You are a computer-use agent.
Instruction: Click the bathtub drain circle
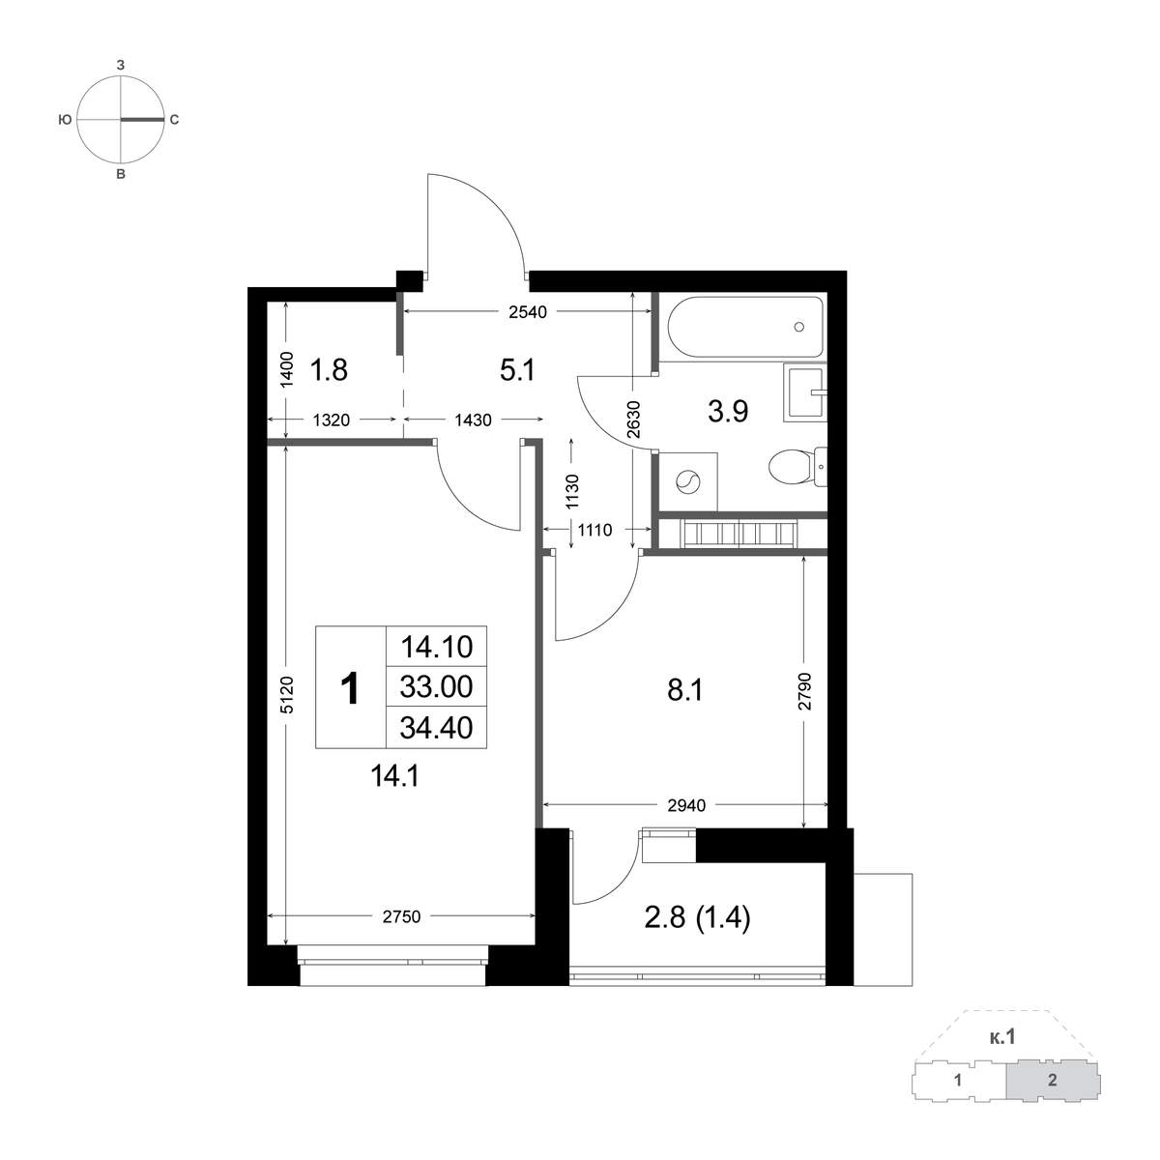[x=799, y=327]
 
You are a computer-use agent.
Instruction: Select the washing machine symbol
[x=688, y=481]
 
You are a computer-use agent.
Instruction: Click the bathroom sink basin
[x=805, y=392]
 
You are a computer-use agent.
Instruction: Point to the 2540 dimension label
[x=528, y=312]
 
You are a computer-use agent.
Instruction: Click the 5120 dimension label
[x=287, y=695]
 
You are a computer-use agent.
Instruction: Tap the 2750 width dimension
[x=401, y=916]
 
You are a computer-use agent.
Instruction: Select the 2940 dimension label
[x=686, y=805]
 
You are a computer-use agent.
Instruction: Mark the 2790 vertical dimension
[x=805, y=691]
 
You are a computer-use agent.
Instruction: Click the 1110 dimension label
[x=594, y=530]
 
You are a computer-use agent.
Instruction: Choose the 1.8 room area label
[x=329, y=369]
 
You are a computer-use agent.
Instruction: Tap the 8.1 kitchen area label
[x=684, y=690]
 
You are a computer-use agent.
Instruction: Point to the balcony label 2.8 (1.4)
[x=697, y=918]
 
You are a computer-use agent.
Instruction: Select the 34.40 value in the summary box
[x=436, y=727]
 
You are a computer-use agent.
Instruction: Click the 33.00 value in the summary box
[x=436, y=686]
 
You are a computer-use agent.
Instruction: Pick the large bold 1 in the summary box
[x=350, y=688]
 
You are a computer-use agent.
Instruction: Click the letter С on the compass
[x=174, y=120]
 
